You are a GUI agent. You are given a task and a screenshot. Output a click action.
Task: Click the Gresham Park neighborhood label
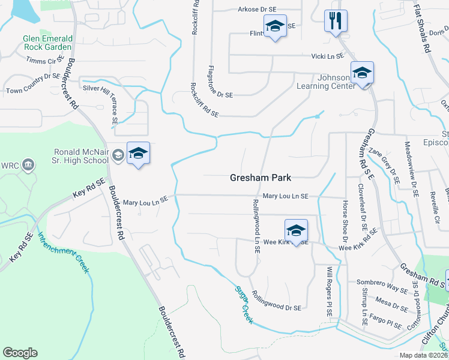point(261,178)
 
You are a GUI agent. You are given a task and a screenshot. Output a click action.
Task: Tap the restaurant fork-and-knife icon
point(335,21)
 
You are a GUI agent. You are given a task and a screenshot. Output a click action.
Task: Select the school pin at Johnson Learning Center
point(362,73)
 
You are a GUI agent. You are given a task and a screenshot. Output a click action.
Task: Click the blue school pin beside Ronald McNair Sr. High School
point(138,154)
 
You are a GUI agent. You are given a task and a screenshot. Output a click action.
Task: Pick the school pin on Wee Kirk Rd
point(295,231)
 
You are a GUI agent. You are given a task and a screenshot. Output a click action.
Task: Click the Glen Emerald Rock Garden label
point(47,43)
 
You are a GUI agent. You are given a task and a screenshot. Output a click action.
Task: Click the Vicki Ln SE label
point(327,56)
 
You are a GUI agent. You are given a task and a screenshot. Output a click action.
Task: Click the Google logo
point(20,353)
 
